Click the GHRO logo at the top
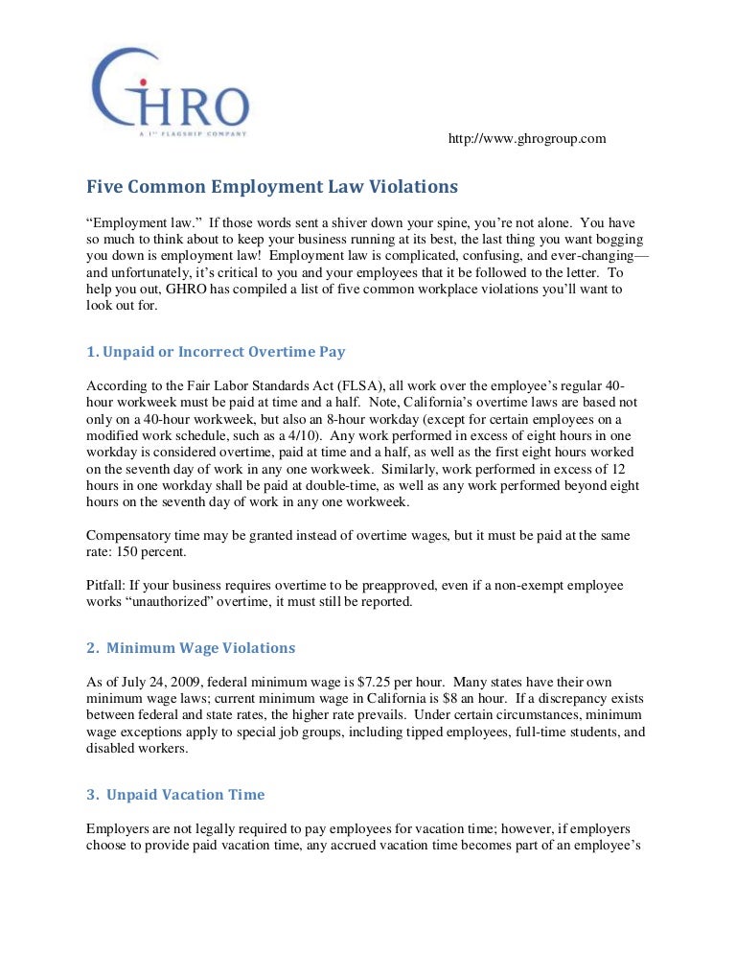pyautogui.click(x=170, y=91)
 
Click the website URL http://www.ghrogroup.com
pyautogui.click(x=527, y=139)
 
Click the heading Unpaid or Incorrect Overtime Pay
pyautogui.click(x=216, y=352)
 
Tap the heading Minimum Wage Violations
pyautogui.click(x=191, y=648)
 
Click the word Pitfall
pyautogui.click(x=105, y=586)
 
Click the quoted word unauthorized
pyautogui.click(x=178, y=603)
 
